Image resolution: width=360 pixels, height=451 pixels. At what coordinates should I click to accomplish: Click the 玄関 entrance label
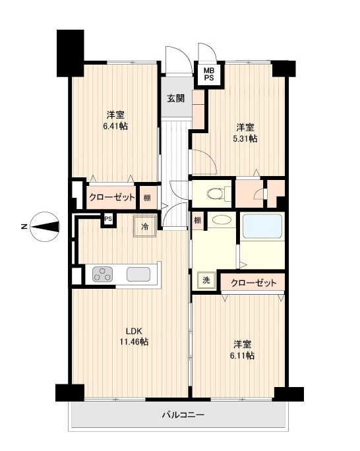pyautogui.click(x=175, y=98)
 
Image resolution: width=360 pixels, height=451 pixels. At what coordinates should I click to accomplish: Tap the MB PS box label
pyautogui.click(x=209, y=74)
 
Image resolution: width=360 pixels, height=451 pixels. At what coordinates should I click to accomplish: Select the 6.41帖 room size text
pyautogui.click(x=115, y=126)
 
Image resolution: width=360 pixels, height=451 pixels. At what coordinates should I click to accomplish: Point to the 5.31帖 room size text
pyautogui.click(x=245, y=138)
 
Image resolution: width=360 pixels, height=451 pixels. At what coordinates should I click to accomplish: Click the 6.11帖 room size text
pyautogui.click(x=242, y=356)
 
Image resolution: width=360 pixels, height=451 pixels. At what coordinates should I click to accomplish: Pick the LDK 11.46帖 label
pyautogui.click(x=134, y=336)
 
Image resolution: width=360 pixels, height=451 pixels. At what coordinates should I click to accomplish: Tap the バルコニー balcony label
pyautogui.click(x=183, y=415)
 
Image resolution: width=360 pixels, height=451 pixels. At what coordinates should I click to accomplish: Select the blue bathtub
pyautogui.click(x=262, y=226)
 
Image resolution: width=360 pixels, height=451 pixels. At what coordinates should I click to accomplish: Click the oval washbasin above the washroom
pyautogui.click(x=222, y=220)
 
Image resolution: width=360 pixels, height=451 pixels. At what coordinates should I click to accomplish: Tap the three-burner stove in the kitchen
pyautogui.click(x=102, y=274)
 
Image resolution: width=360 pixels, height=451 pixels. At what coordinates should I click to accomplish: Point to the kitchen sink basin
pyautogui.click(x=138, y=274)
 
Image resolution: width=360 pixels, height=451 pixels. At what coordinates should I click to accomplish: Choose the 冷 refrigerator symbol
pyautogui.click(x=144, y=226)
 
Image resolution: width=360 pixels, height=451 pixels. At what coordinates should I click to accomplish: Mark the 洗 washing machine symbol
pyautogui.click(x=206, y=280)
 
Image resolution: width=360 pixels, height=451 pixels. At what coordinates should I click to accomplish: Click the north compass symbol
pyautogui.click(x=45, y=227)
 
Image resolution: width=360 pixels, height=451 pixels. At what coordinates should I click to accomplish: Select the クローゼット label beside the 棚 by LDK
pyautogui.click(x=112, y=197)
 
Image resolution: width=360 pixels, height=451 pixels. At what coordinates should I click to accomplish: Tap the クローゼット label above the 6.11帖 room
pyautogui.click(x=254, y=283)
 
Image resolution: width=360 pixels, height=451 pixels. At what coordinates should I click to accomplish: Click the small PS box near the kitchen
pyautogui.click(x=108, y=219)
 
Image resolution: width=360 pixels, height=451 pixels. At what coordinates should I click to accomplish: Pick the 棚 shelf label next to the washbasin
pyautogui.click(x=197, y=221)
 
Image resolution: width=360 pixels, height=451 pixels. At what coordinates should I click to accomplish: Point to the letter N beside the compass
pyautogui.click(x=24, y=227)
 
